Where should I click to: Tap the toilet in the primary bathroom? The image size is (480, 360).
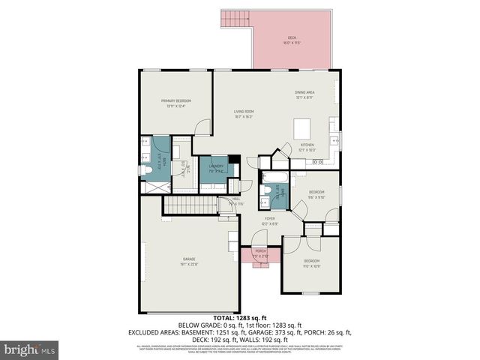click(148, 170)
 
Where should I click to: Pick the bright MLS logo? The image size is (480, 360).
click(30, 349)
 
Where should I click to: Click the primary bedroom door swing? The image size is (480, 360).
click(201, 128)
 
